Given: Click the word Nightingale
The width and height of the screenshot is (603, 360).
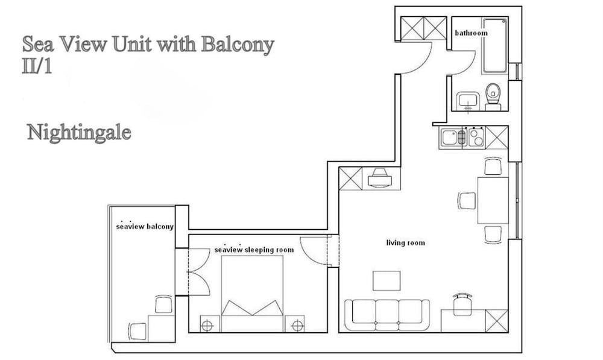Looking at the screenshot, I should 79,132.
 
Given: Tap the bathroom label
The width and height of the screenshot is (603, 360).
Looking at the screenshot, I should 470,33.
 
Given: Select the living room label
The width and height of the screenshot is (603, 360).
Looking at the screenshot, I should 405,243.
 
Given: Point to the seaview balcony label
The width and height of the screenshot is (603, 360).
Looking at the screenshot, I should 145,227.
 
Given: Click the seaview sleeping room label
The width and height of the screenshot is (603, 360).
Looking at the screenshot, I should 254,250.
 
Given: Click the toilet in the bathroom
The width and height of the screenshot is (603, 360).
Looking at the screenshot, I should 493,96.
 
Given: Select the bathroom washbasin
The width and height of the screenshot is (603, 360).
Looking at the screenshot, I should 466,101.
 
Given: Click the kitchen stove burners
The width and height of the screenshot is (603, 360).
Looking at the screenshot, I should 476,137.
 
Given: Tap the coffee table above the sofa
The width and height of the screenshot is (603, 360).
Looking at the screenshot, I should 386,280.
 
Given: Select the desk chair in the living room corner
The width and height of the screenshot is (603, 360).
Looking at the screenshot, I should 463,305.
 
